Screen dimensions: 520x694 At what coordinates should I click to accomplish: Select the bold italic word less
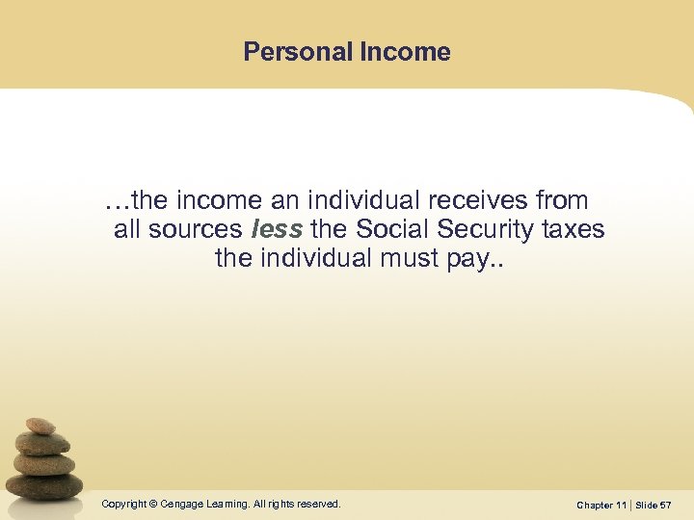277,229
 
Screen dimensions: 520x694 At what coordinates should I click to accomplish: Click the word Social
392,229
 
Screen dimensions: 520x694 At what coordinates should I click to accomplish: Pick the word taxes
574,229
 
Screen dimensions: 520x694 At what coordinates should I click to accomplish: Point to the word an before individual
283,200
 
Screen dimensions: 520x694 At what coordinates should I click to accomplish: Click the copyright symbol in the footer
152,504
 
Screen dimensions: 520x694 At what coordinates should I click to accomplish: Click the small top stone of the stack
40,426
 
